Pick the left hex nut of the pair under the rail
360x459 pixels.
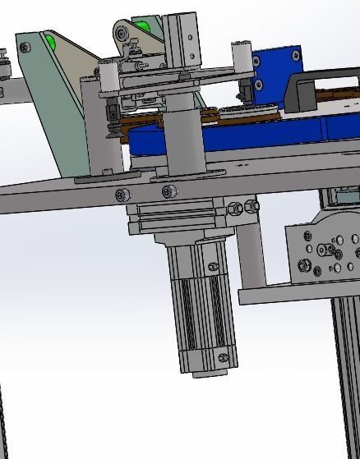[x=233, y=209]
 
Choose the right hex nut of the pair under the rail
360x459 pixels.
[x=252, y=206]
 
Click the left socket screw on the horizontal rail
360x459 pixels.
[x=123, y=195]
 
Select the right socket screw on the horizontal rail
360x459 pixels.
[x=169, y=192]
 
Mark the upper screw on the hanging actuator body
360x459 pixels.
[x=213, y=267]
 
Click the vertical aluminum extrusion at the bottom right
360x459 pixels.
[x=345, y=378]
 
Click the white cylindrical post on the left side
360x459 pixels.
[x=107, y=76]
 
